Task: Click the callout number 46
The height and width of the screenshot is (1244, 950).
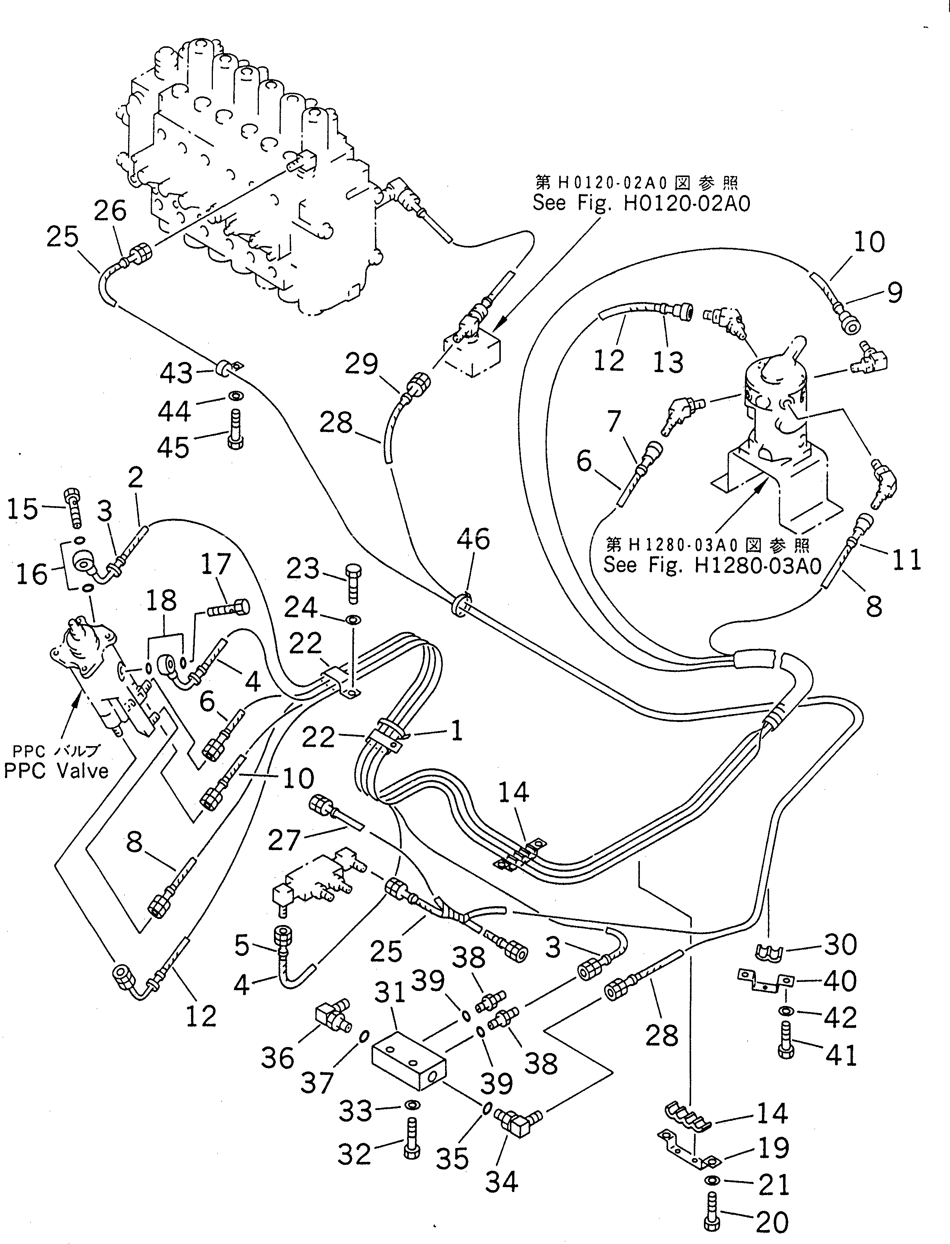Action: (473, 540)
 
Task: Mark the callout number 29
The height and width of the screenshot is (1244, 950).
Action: (361, 365)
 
